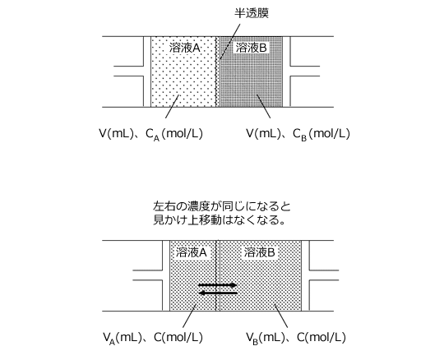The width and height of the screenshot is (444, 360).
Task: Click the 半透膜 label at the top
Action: click(252, 13)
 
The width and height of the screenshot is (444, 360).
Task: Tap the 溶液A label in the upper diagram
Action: click(185, 48)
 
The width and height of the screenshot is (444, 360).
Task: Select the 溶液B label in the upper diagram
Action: click(251, 48)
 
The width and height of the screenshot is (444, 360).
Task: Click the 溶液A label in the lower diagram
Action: click(192, 252)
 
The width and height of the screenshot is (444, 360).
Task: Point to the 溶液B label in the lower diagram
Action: click(259, 252)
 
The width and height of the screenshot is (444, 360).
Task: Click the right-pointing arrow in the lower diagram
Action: click(218, 285)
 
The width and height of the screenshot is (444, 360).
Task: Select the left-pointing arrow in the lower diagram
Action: click(218, 293)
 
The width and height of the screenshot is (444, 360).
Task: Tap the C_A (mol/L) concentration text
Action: click(174, 134)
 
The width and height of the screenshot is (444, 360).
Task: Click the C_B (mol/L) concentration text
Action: click(321, 134)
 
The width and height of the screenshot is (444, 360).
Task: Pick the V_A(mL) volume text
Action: click(123, 338)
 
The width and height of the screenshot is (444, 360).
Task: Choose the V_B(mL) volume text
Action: click(265, 338)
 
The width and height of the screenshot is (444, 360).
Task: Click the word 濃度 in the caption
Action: click(198, 206)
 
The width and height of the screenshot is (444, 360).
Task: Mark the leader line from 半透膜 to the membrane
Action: click(230, 41)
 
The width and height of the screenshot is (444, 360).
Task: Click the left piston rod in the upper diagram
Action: click(128, 71)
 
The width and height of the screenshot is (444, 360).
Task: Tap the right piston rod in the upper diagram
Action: click(305, 71)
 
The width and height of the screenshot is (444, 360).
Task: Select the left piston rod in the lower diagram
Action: click(147, 275)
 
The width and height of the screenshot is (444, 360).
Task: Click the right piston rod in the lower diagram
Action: click(324, 275)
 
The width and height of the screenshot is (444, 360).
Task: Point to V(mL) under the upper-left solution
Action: click(116, 133)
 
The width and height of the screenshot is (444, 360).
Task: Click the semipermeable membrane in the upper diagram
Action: click(218, 72)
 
